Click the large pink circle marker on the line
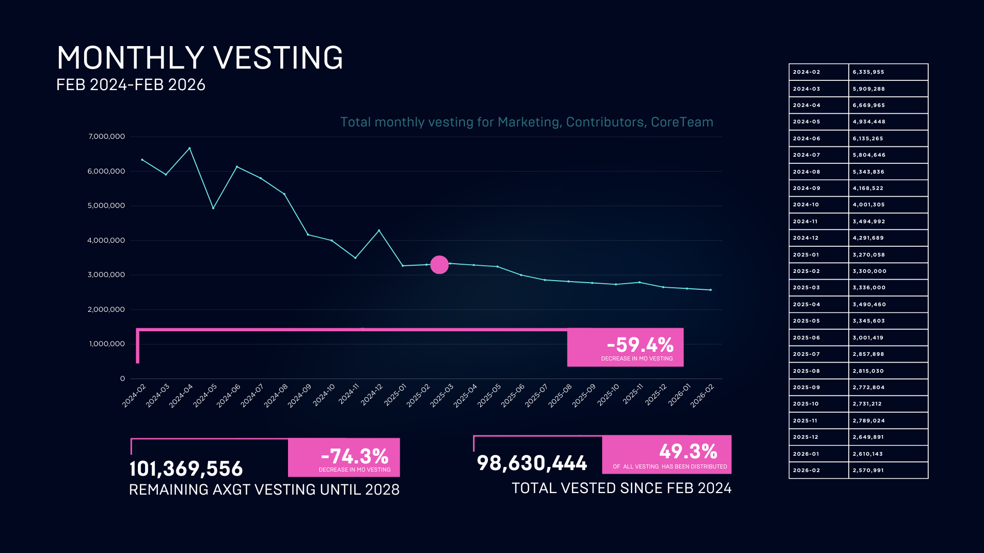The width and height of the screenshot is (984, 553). (439, 265)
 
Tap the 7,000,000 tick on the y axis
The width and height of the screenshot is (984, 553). (107, 137)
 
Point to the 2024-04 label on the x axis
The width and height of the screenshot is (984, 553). (181, 395)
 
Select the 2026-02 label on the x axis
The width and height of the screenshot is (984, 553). (702, 395)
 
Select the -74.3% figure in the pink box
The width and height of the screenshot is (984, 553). (355, 456)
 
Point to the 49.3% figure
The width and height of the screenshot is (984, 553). (688, 452)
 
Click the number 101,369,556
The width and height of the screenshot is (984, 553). (186, 469)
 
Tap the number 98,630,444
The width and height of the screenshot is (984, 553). (532, 463)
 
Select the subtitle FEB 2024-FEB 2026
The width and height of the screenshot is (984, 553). (131, 85)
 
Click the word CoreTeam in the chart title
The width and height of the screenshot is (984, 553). (682, 122)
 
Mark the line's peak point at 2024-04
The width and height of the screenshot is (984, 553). (190, 148)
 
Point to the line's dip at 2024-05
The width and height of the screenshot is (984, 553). (213, 208)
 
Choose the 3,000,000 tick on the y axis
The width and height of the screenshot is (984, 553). (107, 275)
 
